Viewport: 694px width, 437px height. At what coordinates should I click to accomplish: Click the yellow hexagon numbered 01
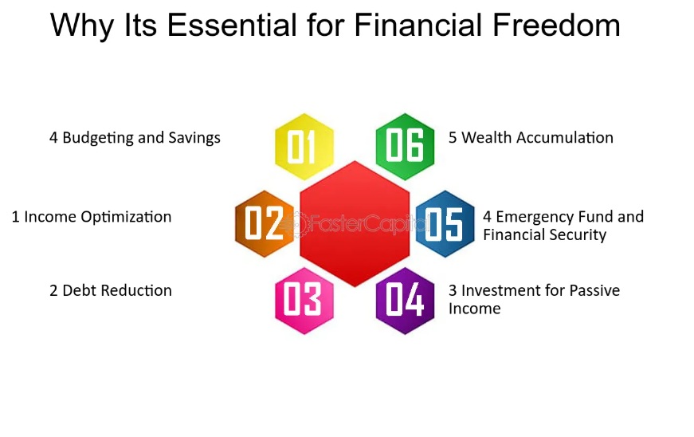(x=304, y=147)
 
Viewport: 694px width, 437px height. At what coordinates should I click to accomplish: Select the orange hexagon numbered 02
(x=265, y=223)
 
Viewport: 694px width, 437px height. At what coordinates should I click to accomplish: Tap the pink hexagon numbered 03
(x=304, y=301)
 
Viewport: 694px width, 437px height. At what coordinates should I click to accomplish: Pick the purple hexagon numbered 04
(x=405, y=301)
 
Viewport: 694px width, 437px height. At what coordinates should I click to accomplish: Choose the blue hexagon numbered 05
(x=445, y=223)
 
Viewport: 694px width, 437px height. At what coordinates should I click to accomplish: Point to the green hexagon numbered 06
(x=405, y=147)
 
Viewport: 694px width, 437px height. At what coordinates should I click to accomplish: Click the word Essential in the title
(x=232, y=25)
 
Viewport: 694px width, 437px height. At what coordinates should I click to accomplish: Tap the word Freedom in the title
(x=556, y=25)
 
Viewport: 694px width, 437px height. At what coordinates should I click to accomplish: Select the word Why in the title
(x=82, y=26)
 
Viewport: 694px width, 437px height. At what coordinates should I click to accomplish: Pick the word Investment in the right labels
(x=501, y=290)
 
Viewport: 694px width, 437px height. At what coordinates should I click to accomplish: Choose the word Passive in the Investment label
(x=594, y=290)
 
